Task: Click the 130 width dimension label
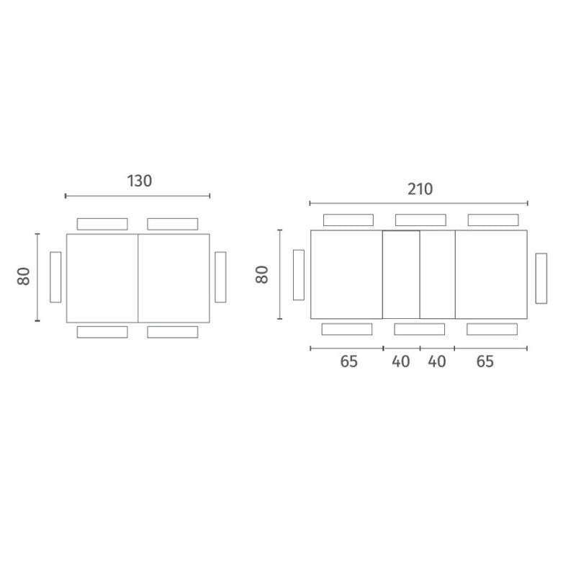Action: coord(139,181)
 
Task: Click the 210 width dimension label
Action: coord(420,189)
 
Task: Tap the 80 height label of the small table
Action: coord(24,276)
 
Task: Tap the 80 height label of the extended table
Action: coord(262,274)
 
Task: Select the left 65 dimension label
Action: coord(348,361)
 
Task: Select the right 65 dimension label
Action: coord(485,361)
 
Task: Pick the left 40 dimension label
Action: coord(401,361)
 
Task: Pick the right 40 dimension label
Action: coord(437,361)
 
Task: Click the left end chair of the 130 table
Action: coord(55,277)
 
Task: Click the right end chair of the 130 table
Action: coord(220,277)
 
